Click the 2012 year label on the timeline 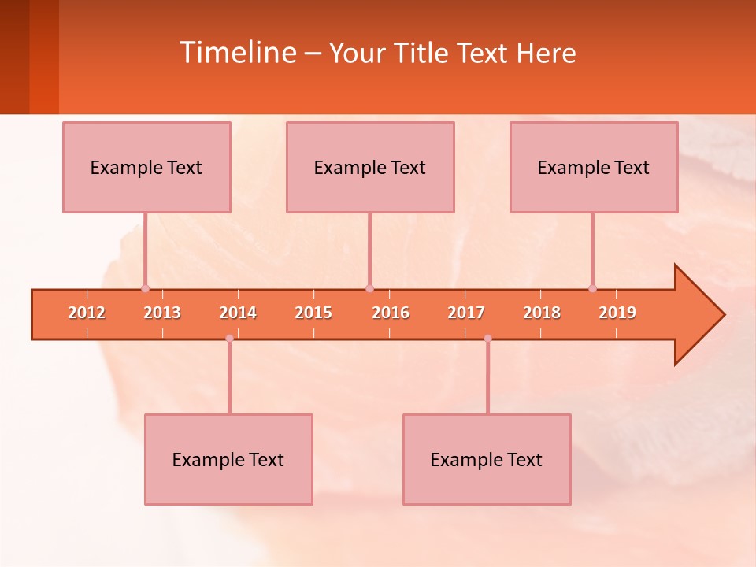tap(87, 313)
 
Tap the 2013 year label tap(162, 313)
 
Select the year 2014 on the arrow tap(238, 313)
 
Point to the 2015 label tap(313, 313)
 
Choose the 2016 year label tap(391, 313)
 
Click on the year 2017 tap(466, 313)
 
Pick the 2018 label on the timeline tap(542, 313)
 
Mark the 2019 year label tap(617, 313)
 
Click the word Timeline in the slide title tap(236, 53)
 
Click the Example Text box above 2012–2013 tap(146, 168)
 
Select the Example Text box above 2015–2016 tap(370, 168)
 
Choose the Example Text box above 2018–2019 tap(594, 168)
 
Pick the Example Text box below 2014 tap(228, 460)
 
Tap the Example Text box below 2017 tap(487, 460)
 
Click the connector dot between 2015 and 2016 tap(369, 288)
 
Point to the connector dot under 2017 tap(487, 339)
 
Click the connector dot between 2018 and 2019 tap(592, 288)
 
